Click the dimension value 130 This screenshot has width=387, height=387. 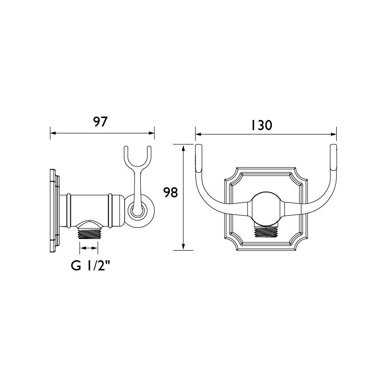click(262, 125)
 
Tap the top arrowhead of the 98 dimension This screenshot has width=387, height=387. click(184, 148)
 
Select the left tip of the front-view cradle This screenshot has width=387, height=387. click(198, 157)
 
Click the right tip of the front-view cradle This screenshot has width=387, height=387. click(333, 157)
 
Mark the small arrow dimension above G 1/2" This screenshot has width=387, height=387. click(89, 248)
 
